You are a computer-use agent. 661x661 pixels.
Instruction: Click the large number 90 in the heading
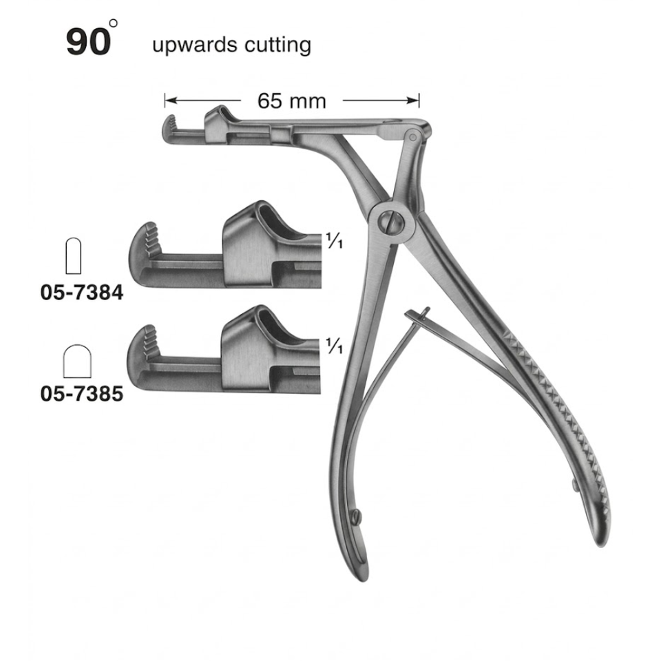point(89,42)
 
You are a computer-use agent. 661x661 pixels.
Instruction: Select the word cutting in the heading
point(277,45)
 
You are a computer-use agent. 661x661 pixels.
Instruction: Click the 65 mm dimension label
point(292,101)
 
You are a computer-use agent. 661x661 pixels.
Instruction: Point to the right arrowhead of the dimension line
point(413,101)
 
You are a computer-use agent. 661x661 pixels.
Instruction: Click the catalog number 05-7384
point(82,293)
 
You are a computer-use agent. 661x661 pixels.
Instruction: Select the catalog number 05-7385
point(82,394)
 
